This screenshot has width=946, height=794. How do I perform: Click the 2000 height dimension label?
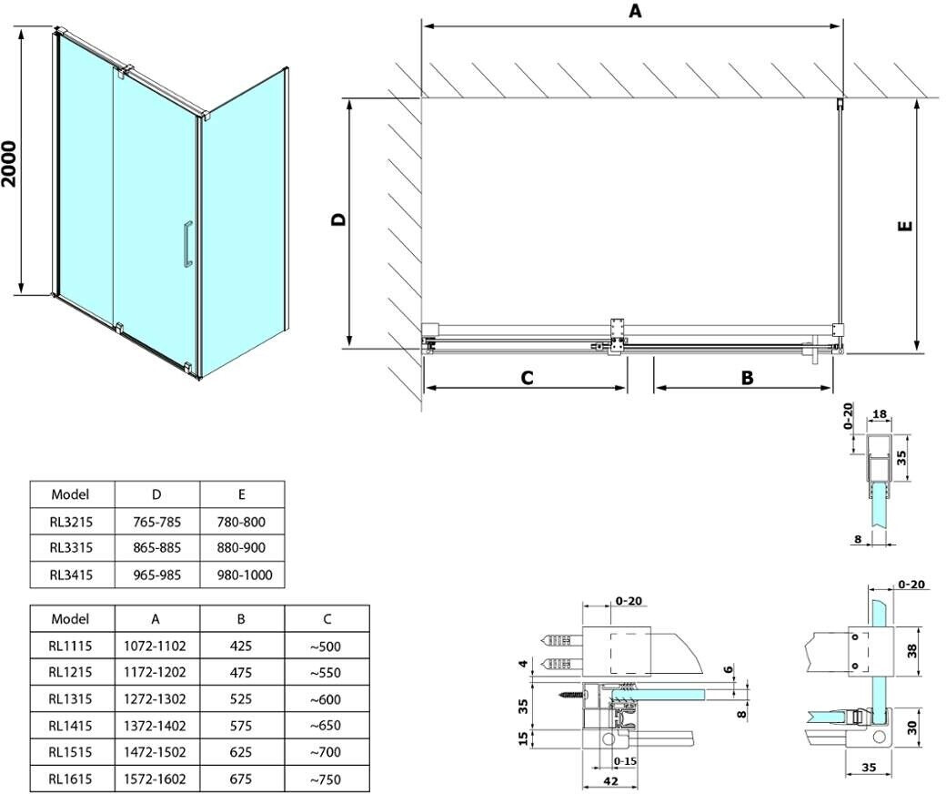(x=10, y=164)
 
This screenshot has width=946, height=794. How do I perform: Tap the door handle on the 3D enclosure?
(x=186, y=244)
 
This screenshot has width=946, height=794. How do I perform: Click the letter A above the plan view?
(x=634, y=11)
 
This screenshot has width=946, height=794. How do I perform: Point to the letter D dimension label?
(x=337, y=219)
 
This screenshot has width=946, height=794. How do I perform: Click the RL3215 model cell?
(x=72, y=522)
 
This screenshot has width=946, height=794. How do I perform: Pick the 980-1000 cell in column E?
(x=241, y=575)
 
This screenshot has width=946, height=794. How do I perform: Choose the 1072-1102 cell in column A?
(x=156, y=646)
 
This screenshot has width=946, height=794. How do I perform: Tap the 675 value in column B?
(x=241, y=779)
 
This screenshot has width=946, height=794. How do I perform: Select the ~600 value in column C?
(x=326, y=699)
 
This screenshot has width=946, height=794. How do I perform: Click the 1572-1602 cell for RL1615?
(x=156, y=779)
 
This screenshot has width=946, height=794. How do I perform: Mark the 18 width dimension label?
(x=880, y=414)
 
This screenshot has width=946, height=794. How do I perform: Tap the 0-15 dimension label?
(x=625, y=761)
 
